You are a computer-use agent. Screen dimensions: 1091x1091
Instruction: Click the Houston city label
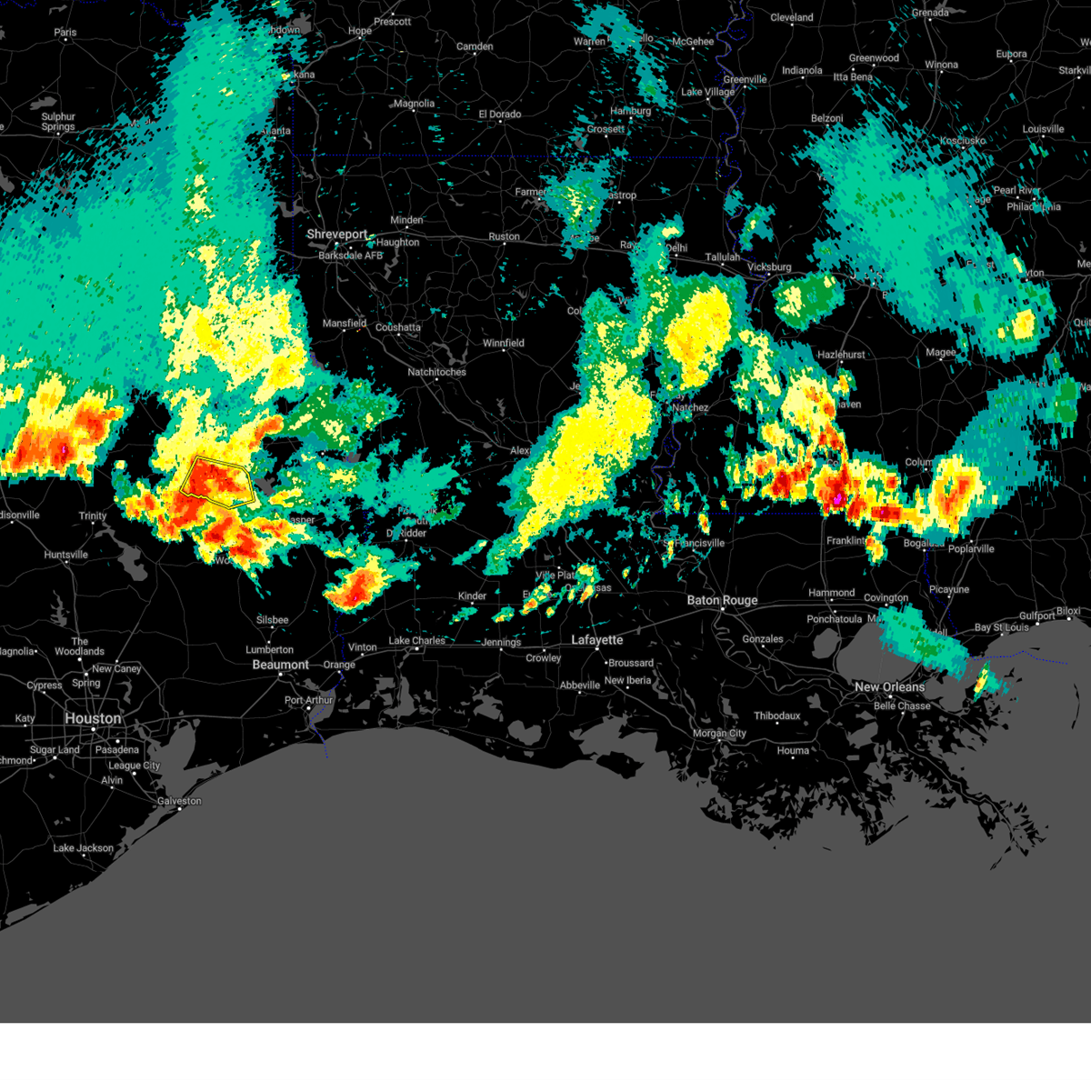(93, 718)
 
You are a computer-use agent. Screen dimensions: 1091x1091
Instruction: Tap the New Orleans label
(889, 687)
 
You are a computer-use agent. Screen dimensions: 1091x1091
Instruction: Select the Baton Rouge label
(722, 600)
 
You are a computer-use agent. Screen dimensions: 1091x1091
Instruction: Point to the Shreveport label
(337, 235)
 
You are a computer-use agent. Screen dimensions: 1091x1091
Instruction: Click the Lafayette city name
(597, 640)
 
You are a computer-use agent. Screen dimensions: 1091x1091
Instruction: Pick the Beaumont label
(281, 665)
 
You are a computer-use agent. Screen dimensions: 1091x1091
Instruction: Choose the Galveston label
(179, 801)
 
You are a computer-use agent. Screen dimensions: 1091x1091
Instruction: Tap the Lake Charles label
(417, 641)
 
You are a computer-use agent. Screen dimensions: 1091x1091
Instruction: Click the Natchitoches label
(436, 372)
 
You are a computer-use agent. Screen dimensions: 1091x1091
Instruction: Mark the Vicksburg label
(769, 267)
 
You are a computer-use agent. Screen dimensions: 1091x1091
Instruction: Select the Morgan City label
(719, 734)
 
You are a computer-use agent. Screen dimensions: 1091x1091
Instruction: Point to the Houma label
(793, 751)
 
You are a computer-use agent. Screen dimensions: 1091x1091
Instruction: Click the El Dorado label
(500, 115)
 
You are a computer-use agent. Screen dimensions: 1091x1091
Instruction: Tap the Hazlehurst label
(841, 355)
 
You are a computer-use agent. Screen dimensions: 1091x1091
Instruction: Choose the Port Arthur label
(309, 700)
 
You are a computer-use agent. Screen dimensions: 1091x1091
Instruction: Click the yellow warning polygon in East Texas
(216, 481)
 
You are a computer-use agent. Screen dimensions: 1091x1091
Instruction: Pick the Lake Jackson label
(84, 848)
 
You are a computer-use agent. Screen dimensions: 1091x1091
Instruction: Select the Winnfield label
(503, 344)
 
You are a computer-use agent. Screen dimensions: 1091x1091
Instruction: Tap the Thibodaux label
(776, 716)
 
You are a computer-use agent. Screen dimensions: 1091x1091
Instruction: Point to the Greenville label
(745, 80)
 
